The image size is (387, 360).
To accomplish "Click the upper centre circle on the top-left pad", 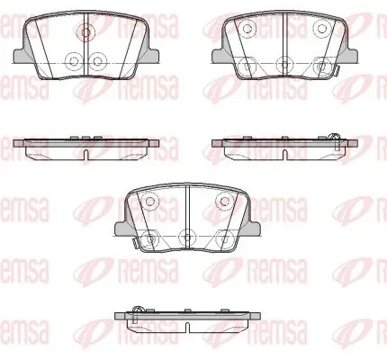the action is point(85,31).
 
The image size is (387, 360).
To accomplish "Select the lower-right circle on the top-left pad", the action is point(97,61).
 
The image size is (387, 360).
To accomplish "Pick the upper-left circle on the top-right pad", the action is point(247,29).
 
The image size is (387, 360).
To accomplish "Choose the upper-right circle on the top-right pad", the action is point(321,29).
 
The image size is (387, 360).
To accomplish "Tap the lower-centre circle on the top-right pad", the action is point(284,64).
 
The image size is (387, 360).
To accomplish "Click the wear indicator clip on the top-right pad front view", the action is point(337,70).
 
